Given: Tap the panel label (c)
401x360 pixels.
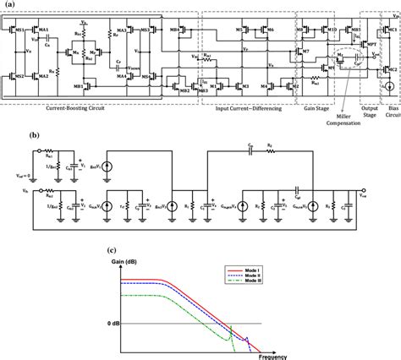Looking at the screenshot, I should [x=113, y=248].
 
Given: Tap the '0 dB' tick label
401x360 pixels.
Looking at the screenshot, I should [x=117, y=323].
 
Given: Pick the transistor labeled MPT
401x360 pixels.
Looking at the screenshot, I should [x=371, y=43].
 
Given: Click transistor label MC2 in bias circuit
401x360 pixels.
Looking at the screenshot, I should [x=391, y=69].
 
